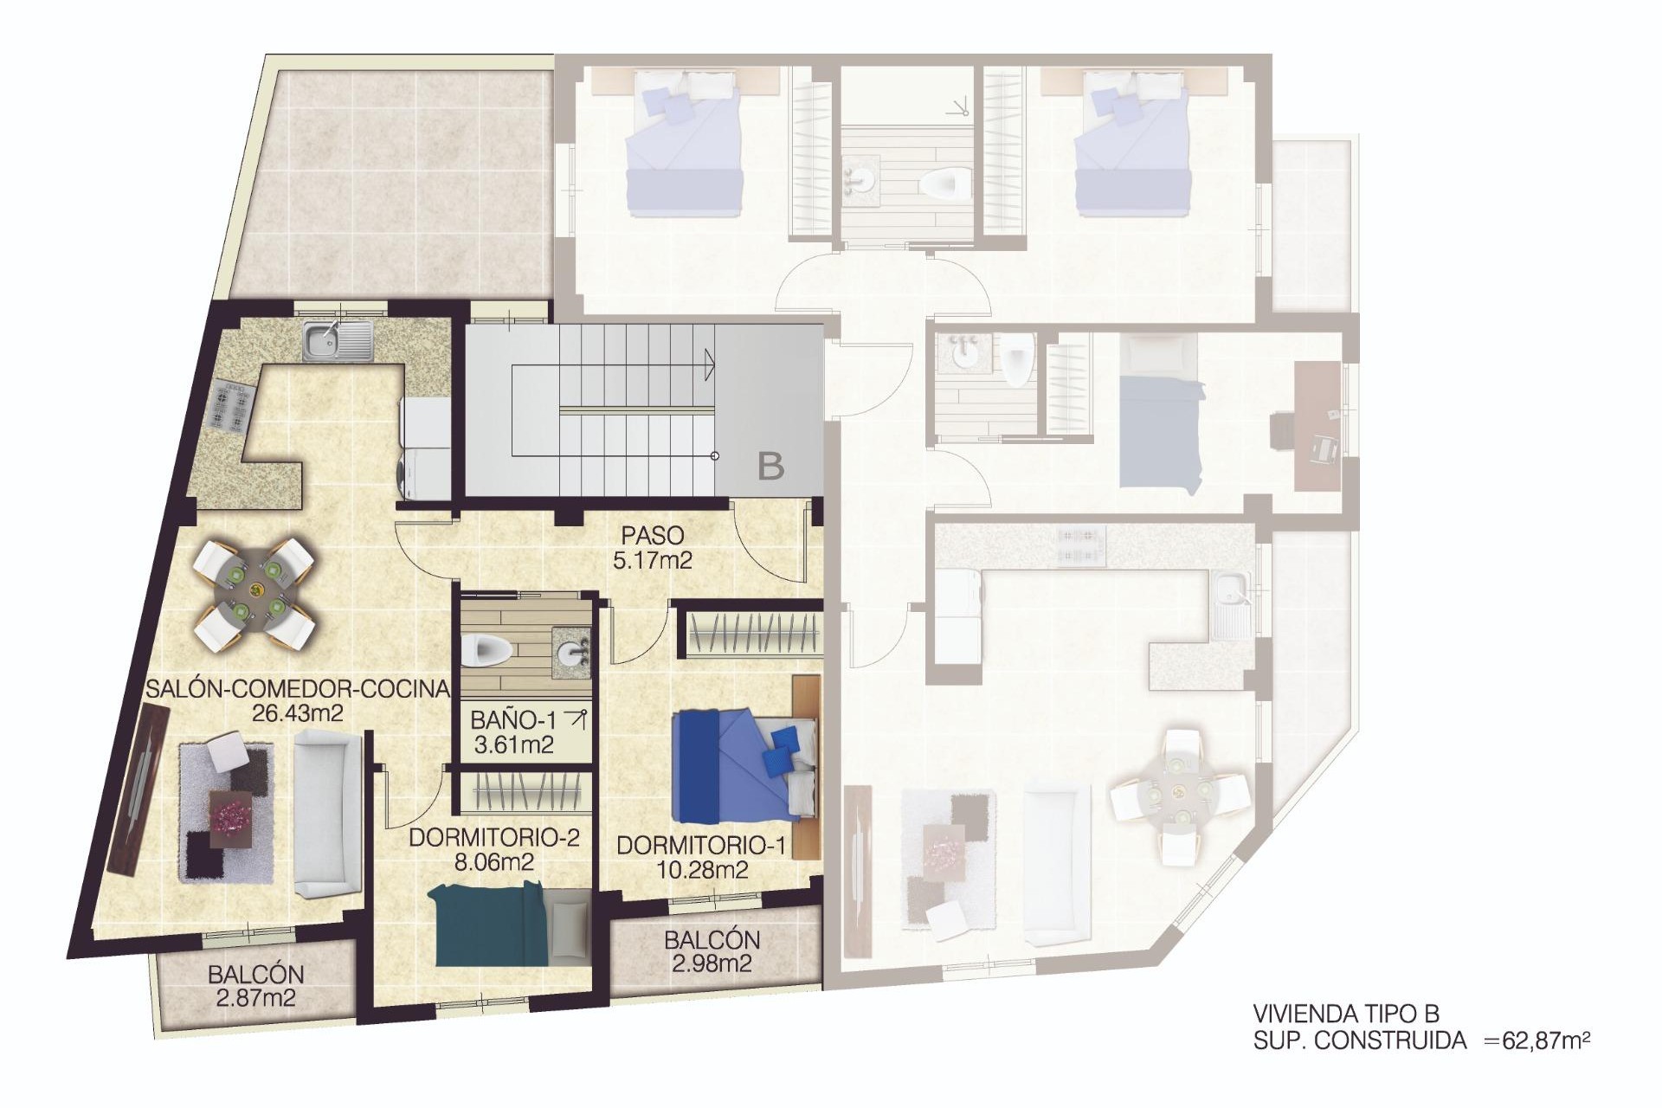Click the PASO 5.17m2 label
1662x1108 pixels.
652,548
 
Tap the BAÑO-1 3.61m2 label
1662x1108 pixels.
514,731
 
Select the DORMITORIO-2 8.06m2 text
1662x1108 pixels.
493,849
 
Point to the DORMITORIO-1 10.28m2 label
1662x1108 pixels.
701,857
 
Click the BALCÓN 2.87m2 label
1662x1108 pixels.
255,986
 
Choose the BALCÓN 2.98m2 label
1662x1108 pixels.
712,950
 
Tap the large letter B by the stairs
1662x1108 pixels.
770,467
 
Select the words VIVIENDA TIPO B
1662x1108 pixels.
1345,1014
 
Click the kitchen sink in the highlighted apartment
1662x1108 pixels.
338,341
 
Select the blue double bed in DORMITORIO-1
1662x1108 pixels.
743,765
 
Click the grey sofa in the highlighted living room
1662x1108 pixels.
326,812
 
